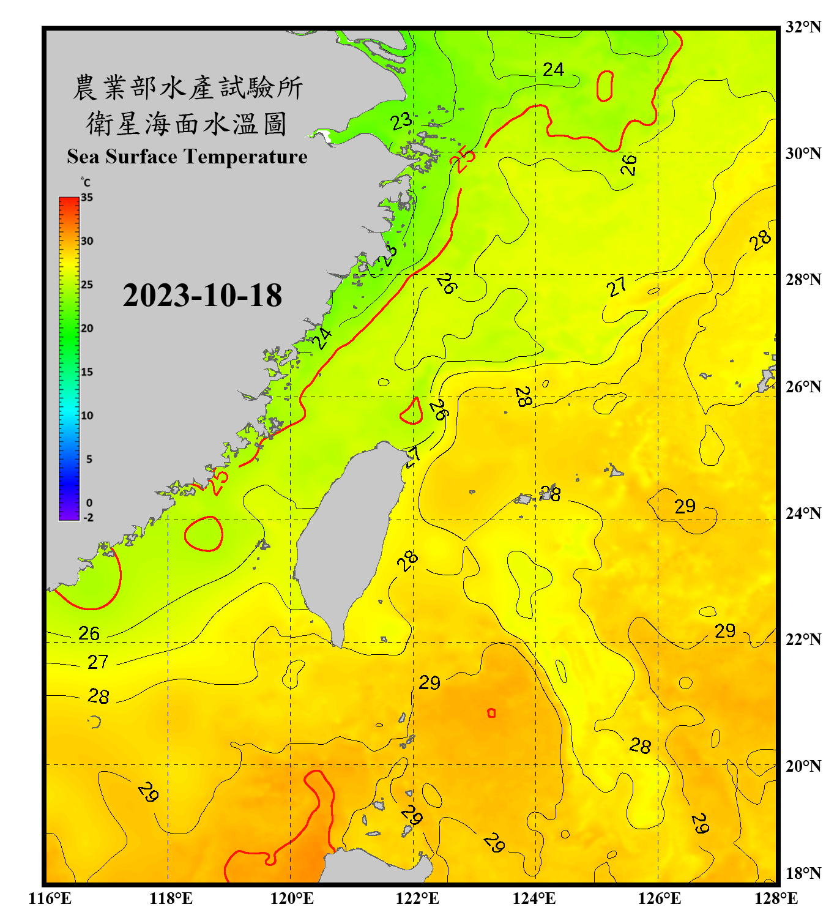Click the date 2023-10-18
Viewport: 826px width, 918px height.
point(202,296)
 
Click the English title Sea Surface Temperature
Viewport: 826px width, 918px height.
point(187,157)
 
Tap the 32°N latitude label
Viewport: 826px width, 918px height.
point(803,27)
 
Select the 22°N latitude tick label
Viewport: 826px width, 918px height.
point(803,640)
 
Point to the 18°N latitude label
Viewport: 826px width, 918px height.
point(803,873)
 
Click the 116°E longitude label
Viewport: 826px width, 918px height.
point(50,898)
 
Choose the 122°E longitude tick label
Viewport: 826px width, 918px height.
point(417,898)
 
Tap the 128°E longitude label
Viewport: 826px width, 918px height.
point(776,898)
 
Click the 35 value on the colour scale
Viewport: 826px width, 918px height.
point(87,198)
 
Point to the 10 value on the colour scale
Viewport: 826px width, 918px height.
point(87,416)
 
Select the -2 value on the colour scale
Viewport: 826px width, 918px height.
point(88,518)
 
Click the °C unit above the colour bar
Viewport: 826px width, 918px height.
point(86,182)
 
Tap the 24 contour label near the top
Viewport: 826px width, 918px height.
point(553,70)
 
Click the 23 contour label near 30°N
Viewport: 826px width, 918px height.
point(401,121)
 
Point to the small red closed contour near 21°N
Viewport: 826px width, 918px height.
point(491,713)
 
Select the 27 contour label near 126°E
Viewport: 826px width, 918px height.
point(617,286)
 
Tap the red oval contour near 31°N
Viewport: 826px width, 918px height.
point(605,86)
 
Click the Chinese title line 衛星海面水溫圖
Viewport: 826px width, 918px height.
point(187,124)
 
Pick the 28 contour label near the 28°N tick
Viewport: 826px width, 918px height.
point(760,241)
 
